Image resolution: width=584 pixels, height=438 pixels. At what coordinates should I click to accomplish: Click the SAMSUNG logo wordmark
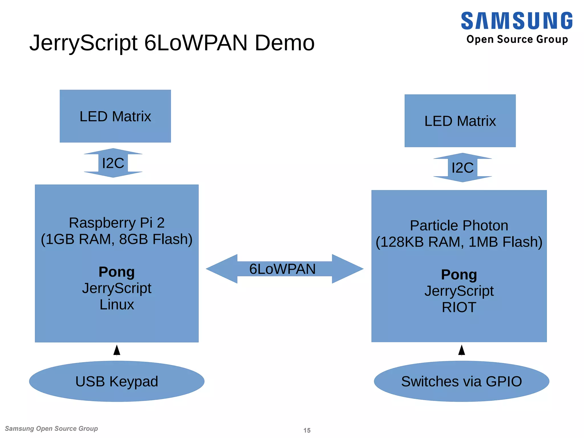click(516, 21)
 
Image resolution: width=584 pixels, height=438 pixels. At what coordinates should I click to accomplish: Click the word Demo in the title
click(284, 43)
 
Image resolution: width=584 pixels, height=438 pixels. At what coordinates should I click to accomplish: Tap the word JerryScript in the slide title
click(84, 43)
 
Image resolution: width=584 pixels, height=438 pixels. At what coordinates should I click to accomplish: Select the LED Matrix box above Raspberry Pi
click(115, 116)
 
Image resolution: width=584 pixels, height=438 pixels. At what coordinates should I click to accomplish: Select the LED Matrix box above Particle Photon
click(460, 121)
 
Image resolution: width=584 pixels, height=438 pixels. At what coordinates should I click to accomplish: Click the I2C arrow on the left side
click(113, 163)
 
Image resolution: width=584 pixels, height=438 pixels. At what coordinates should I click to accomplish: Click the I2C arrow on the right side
click(462, 168)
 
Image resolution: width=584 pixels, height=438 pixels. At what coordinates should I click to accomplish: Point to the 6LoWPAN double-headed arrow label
click(282, 269)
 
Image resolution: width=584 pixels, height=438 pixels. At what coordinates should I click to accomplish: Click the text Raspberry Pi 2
click(117, 223)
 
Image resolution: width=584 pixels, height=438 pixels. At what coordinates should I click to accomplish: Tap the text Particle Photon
click(459, 226)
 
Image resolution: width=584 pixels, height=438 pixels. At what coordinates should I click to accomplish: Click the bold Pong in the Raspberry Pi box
click(117, 272)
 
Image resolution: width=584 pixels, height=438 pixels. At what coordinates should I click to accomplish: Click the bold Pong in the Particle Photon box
click(459, 275)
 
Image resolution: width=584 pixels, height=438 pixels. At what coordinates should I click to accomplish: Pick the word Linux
click(117, 305)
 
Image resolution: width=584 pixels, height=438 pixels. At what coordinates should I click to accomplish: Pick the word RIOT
click(459, 307)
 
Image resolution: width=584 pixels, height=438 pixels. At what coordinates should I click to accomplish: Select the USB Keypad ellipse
click(117, 382)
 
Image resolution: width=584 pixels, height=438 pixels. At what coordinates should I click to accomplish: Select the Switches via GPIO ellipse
click(461, 382)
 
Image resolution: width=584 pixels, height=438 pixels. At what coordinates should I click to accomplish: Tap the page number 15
click(307, 430)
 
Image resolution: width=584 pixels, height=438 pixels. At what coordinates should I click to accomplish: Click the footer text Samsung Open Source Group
click(51, 429)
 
